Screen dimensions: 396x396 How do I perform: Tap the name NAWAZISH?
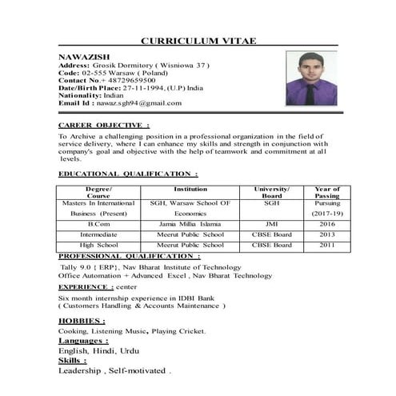click(81, 58)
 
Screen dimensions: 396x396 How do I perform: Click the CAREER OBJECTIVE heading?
click(103, 126)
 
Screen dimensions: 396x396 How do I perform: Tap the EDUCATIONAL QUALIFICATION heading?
click(128, 174)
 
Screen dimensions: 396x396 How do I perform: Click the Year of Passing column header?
click(327, 192)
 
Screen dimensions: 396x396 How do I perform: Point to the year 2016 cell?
click(327, 225)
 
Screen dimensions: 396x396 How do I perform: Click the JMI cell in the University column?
click(271, 225)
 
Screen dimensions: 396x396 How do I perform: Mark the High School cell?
click(98, 245)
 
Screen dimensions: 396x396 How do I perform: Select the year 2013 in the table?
click(327, 234)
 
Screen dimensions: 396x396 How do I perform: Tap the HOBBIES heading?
click(82, 320)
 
